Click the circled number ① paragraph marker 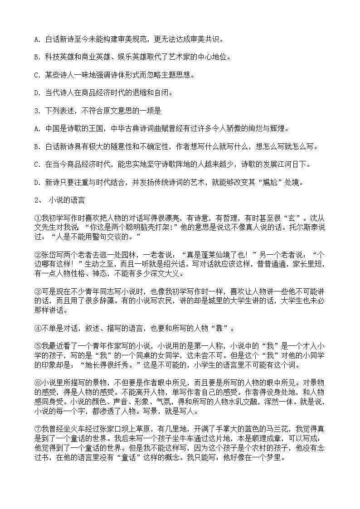click(x=38, y=219)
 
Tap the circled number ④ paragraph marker click(x=38, y=326)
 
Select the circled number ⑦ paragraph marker click(x=38, y=428)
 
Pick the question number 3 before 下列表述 click(x=36, y=111)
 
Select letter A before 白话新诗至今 click(x=36, y=40)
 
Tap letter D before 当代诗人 click(x=36, y=93)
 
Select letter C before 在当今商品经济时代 click(x=36, y=165)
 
